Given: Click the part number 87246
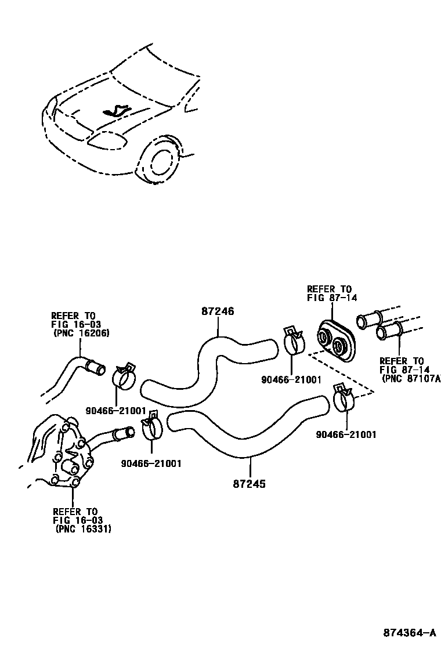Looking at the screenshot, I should click(218, 311).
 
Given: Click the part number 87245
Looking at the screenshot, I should click(250, 483).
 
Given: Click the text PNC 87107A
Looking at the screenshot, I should click(411, 378).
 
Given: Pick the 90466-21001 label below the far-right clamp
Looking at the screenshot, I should click(346, 434).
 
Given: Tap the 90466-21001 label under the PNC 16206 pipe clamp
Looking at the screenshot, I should click(116, 410).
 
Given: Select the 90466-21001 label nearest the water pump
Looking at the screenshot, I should click(151, 463).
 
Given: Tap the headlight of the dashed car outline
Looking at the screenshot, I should click(107, 141).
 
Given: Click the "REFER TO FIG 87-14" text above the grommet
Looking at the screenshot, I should click(331, 293).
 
